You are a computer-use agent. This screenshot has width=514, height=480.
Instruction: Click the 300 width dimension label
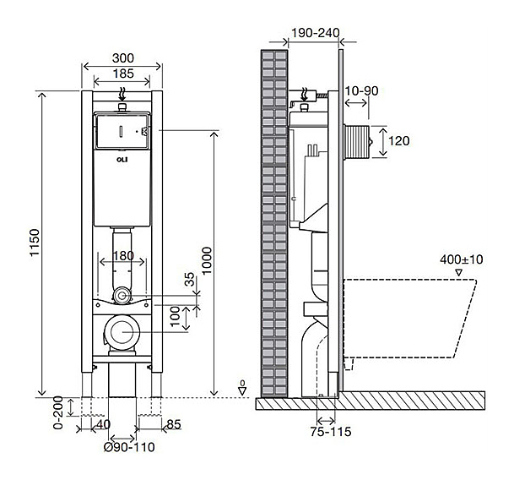click(123, 58)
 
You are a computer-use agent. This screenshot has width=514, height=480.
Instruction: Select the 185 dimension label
click(123, 74)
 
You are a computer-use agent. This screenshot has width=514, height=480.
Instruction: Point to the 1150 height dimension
click(35, 243)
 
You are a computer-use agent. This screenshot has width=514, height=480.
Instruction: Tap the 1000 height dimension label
click(207, 261)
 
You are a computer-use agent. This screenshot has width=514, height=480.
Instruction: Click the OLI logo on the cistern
click(122, 160)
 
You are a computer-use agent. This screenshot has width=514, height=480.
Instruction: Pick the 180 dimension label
click(123, 256)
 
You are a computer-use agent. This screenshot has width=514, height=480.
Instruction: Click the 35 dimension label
click(189, 280)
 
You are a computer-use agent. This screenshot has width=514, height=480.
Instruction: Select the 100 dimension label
click(176, 316)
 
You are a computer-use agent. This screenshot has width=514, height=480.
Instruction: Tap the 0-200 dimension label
click(58, 413)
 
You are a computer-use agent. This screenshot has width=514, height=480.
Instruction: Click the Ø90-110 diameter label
click(129, 447)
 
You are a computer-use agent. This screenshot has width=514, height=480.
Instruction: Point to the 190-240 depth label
click(316, 33)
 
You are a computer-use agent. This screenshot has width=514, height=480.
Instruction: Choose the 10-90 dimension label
click(361, 91)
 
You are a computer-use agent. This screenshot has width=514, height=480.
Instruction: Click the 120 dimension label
click(399, 141)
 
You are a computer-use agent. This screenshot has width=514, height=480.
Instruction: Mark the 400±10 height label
click(462, 259)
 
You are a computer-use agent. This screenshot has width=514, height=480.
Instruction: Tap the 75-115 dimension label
click(331, 432)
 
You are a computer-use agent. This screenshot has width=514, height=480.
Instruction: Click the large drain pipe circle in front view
click(122, 331)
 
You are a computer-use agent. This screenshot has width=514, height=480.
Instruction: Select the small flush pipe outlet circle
click(122, 296)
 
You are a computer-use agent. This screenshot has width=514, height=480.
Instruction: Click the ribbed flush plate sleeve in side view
click(356, 142)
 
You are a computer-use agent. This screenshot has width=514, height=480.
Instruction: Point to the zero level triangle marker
click(242, 390)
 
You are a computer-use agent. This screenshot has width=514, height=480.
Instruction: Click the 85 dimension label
click(174, 425)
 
